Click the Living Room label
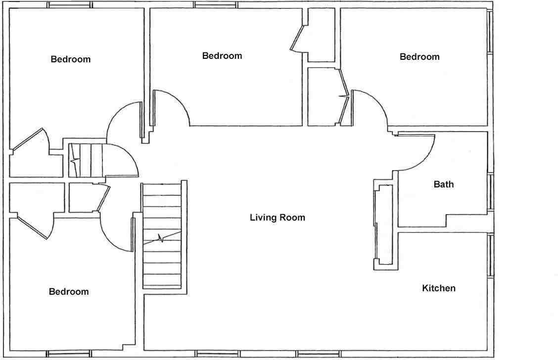point(277,218)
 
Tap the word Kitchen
point(438,288)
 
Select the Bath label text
point(443,184)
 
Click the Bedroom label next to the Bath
point(419,57)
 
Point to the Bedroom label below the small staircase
point(69,292)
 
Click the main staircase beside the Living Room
point(162,236)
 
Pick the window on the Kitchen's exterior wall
point(490,255)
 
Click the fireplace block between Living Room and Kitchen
point(384,225)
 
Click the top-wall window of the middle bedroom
point(216,5)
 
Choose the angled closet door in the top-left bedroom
point(29,138)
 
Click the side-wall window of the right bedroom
point(490,31)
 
